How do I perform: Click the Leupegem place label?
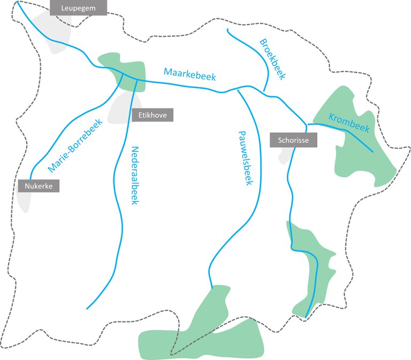coord(78,7)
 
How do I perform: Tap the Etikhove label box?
coord(153,114)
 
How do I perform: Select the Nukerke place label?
coord(39,186)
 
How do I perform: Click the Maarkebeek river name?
coord(190,74)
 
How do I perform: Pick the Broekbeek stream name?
coord(272,59)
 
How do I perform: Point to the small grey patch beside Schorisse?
coord(286,155)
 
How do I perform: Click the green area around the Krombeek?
coord(364,160)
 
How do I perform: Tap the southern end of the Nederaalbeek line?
coord(87,309)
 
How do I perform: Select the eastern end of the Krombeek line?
coord(372,152)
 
